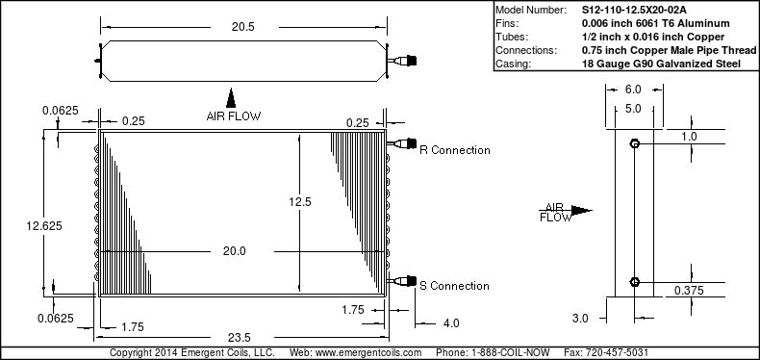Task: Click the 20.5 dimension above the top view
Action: pos(242,27)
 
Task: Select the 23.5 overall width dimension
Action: pos(242,337)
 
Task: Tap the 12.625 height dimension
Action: pos(44,226)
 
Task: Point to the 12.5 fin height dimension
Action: pos(300,201)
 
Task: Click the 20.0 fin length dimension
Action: pos(235,251)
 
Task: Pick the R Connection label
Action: pos(455,150)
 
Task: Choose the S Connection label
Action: pos(454,286)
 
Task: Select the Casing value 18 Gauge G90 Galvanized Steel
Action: pos(661,64)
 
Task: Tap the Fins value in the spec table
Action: pos(656,23)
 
